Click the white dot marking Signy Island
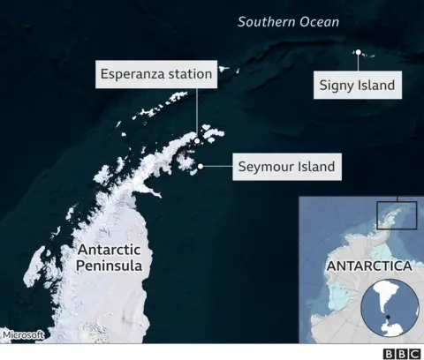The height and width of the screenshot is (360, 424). (x=358, y=53)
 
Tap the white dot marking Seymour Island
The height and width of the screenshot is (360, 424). (x=201, y=165)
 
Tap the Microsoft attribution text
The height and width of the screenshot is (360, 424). (x=23, y=334)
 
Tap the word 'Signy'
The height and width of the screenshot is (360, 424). (x=339, y=86)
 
